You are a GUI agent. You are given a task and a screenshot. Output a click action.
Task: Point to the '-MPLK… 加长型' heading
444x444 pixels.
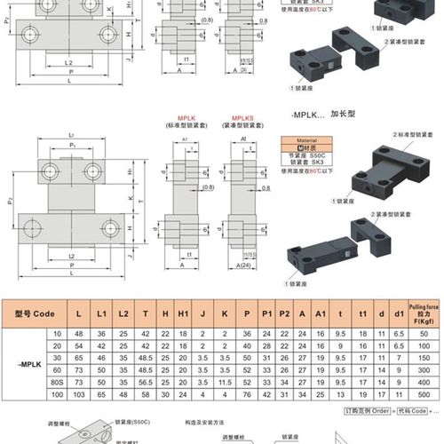tap(319, 115)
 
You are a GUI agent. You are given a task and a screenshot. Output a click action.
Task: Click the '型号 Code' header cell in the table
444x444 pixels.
tap(36, 312)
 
